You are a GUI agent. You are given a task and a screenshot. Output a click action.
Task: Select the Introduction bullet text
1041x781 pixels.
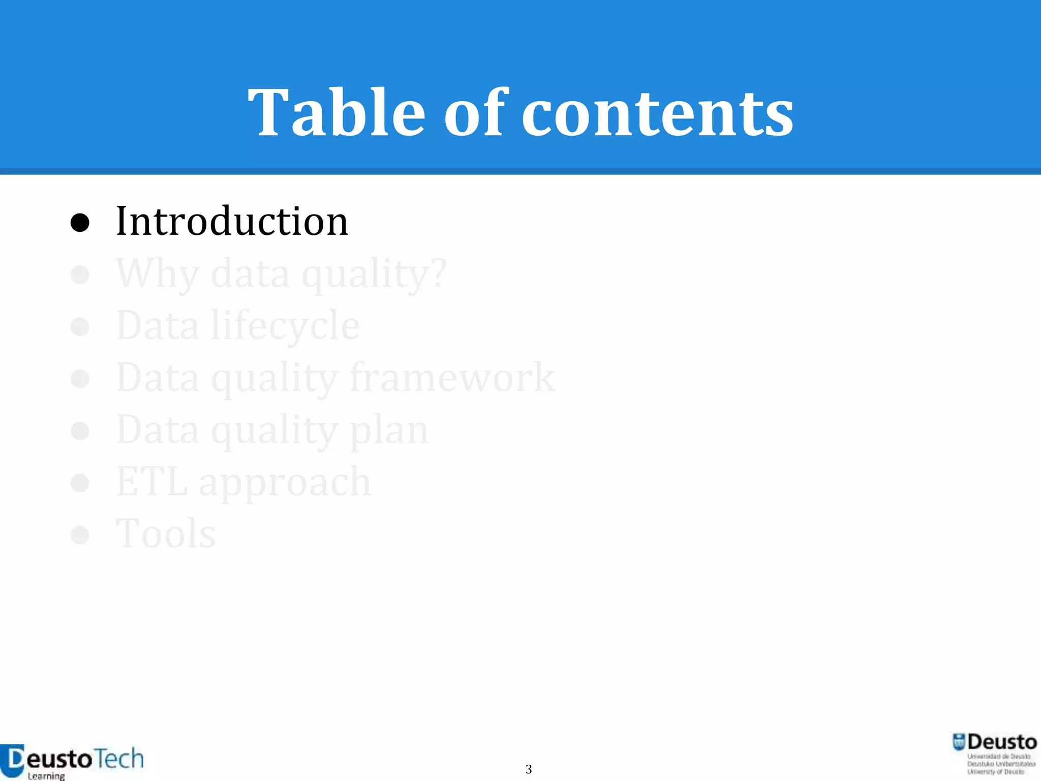pos(232,221)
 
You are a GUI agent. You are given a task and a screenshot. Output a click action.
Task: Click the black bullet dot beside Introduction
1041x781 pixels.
pos(80,223)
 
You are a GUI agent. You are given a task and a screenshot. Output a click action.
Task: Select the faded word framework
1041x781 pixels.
pos(452,377)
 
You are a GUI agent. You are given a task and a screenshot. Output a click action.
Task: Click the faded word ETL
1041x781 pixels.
pos(151,482)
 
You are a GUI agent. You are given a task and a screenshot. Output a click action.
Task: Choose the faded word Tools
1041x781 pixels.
pos(166,534)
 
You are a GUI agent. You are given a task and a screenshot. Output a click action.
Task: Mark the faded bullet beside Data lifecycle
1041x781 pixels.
pos(80,326)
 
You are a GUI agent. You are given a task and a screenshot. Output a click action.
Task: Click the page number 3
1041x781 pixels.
pos(529,769)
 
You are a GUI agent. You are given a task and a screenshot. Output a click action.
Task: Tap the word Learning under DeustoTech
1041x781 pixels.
pos(46,776)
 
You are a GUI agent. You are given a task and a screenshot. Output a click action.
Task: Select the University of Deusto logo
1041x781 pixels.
pos(994,753)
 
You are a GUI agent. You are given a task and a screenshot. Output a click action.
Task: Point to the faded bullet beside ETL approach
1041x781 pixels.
pos(80,483)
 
